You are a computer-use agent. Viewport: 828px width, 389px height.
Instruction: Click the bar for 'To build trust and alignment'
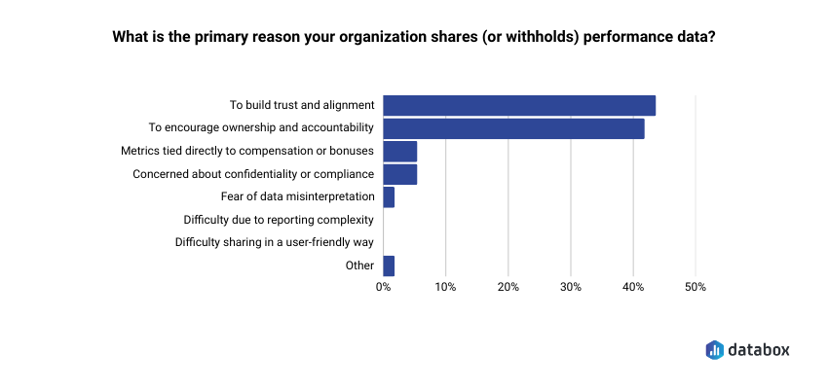tap(519, 105)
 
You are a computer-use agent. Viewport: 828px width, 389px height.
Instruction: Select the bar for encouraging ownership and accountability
tap(513, 128)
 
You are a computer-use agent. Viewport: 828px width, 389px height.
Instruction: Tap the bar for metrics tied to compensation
tap(400, 152)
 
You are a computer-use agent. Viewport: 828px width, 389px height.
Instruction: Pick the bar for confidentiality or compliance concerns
tap(400, 174)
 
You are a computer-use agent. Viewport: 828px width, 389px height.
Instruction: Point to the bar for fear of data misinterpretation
tap(389, 197)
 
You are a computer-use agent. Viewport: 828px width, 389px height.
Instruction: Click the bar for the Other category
tap(389, 265)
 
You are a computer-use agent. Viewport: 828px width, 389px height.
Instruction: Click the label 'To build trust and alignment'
tap(302, 105)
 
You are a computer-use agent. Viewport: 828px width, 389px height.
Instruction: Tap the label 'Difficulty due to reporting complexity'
tap(279, 220)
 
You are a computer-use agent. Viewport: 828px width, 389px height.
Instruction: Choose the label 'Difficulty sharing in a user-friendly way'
tap(275, 242)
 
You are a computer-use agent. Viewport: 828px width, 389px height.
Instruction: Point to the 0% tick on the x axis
tap(384, 288)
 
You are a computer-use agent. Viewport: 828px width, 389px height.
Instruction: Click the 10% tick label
tap(445, 288)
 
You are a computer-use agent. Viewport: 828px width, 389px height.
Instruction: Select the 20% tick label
tap(508, 288)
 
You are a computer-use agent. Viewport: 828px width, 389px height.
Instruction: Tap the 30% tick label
tap(571, 288)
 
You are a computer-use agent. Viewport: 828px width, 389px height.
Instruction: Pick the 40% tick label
tap(633, 288)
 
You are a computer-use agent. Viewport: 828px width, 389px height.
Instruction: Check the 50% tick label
tap(696, 288)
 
